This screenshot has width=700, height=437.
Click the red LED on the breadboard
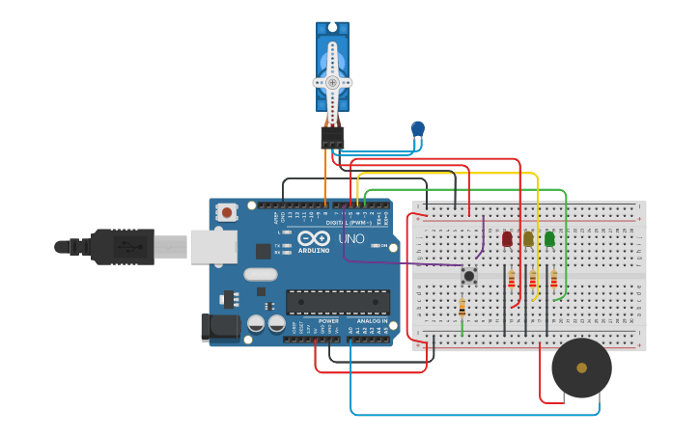(x=507, y=238)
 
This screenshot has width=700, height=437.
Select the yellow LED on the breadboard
(x=528, y=238)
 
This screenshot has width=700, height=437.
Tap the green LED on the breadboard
(x=549, y=238)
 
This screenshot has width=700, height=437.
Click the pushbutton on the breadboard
(x=469, y=276)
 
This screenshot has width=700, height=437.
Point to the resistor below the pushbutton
(x=462, y=308)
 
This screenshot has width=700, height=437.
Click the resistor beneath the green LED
(x=553, y=279)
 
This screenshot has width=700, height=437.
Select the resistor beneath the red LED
(x=511, y=279)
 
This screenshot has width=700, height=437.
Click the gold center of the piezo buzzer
(x=581, y=368)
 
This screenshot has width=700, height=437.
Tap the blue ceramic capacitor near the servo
(x=418, y=127)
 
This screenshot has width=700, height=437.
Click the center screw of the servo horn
(x=332, y=82)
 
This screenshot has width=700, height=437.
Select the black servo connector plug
(x=332, y=138)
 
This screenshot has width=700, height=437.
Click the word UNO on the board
(x=351, y=238)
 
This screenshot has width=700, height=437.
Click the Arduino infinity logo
(x=314, y=237)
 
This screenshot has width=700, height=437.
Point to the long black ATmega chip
(x=338, y=302)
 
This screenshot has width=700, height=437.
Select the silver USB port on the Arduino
(x=213, y=247)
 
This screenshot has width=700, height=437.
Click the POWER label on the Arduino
(x=328, y=320)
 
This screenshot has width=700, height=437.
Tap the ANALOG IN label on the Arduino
(x=373, y=320)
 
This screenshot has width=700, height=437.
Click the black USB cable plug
(x=123, y=247)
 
